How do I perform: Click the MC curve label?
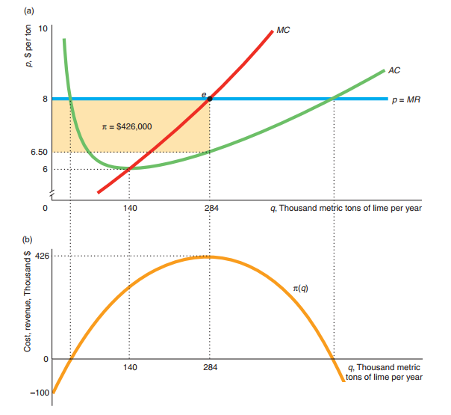(282, 31)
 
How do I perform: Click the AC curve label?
(395, 70)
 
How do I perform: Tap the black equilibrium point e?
(210, 99)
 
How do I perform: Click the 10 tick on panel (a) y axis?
(43, 28)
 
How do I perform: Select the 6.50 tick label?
(40, 152)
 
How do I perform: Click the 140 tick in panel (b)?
(129, 368)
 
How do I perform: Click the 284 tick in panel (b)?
(210, 368)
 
